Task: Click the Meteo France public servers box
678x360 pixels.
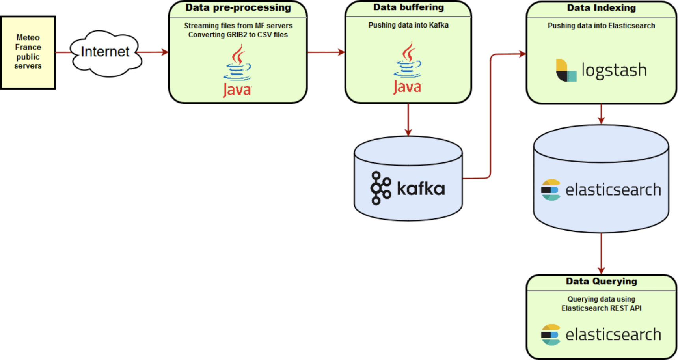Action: pos(28,52)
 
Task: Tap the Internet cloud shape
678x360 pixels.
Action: pos(105,52)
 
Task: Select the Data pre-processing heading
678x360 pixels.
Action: pos(238,8)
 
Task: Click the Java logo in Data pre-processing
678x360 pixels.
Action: pos(237,71)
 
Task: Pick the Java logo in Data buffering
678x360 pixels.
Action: pos(408,69)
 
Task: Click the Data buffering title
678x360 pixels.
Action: pos(408,7)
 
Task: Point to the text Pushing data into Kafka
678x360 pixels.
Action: pos(408,25)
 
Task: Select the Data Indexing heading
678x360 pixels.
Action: pos(601,8)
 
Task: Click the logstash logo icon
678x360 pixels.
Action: pos(566,71)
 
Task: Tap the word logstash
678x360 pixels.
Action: pos(614,71)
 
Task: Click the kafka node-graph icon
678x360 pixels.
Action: pos(380,188)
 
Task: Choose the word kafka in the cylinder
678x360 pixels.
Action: pos(421,188)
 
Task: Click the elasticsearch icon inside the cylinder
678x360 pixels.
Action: pos(551,190)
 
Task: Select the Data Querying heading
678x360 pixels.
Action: pos(601,282)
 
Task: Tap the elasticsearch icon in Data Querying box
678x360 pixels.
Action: pos(551,335)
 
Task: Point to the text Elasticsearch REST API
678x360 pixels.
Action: pos(601,308)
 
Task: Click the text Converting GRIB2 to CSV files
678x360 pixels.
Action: pos(238,35)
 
